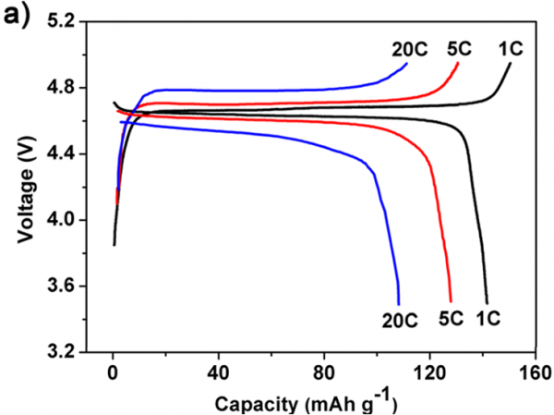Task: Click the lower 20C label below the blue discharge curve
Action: click(399, 319)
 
